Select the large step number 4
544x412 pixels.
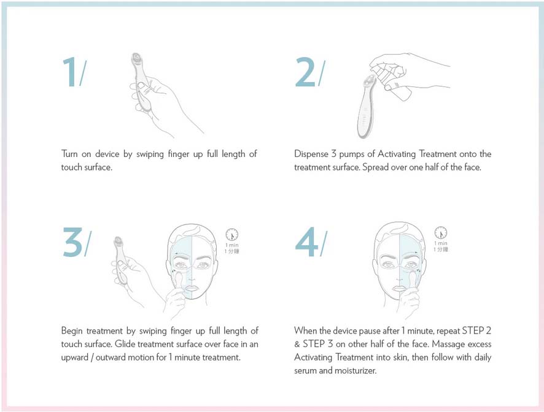[306, 242]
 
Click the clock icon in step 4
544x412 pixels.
[440, 233]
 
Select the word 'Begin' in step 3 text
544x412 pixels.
[73, 331]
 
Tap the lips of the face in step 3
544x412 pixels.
[190, 288]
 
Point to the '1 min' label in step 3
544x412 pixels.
[232, 244]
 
